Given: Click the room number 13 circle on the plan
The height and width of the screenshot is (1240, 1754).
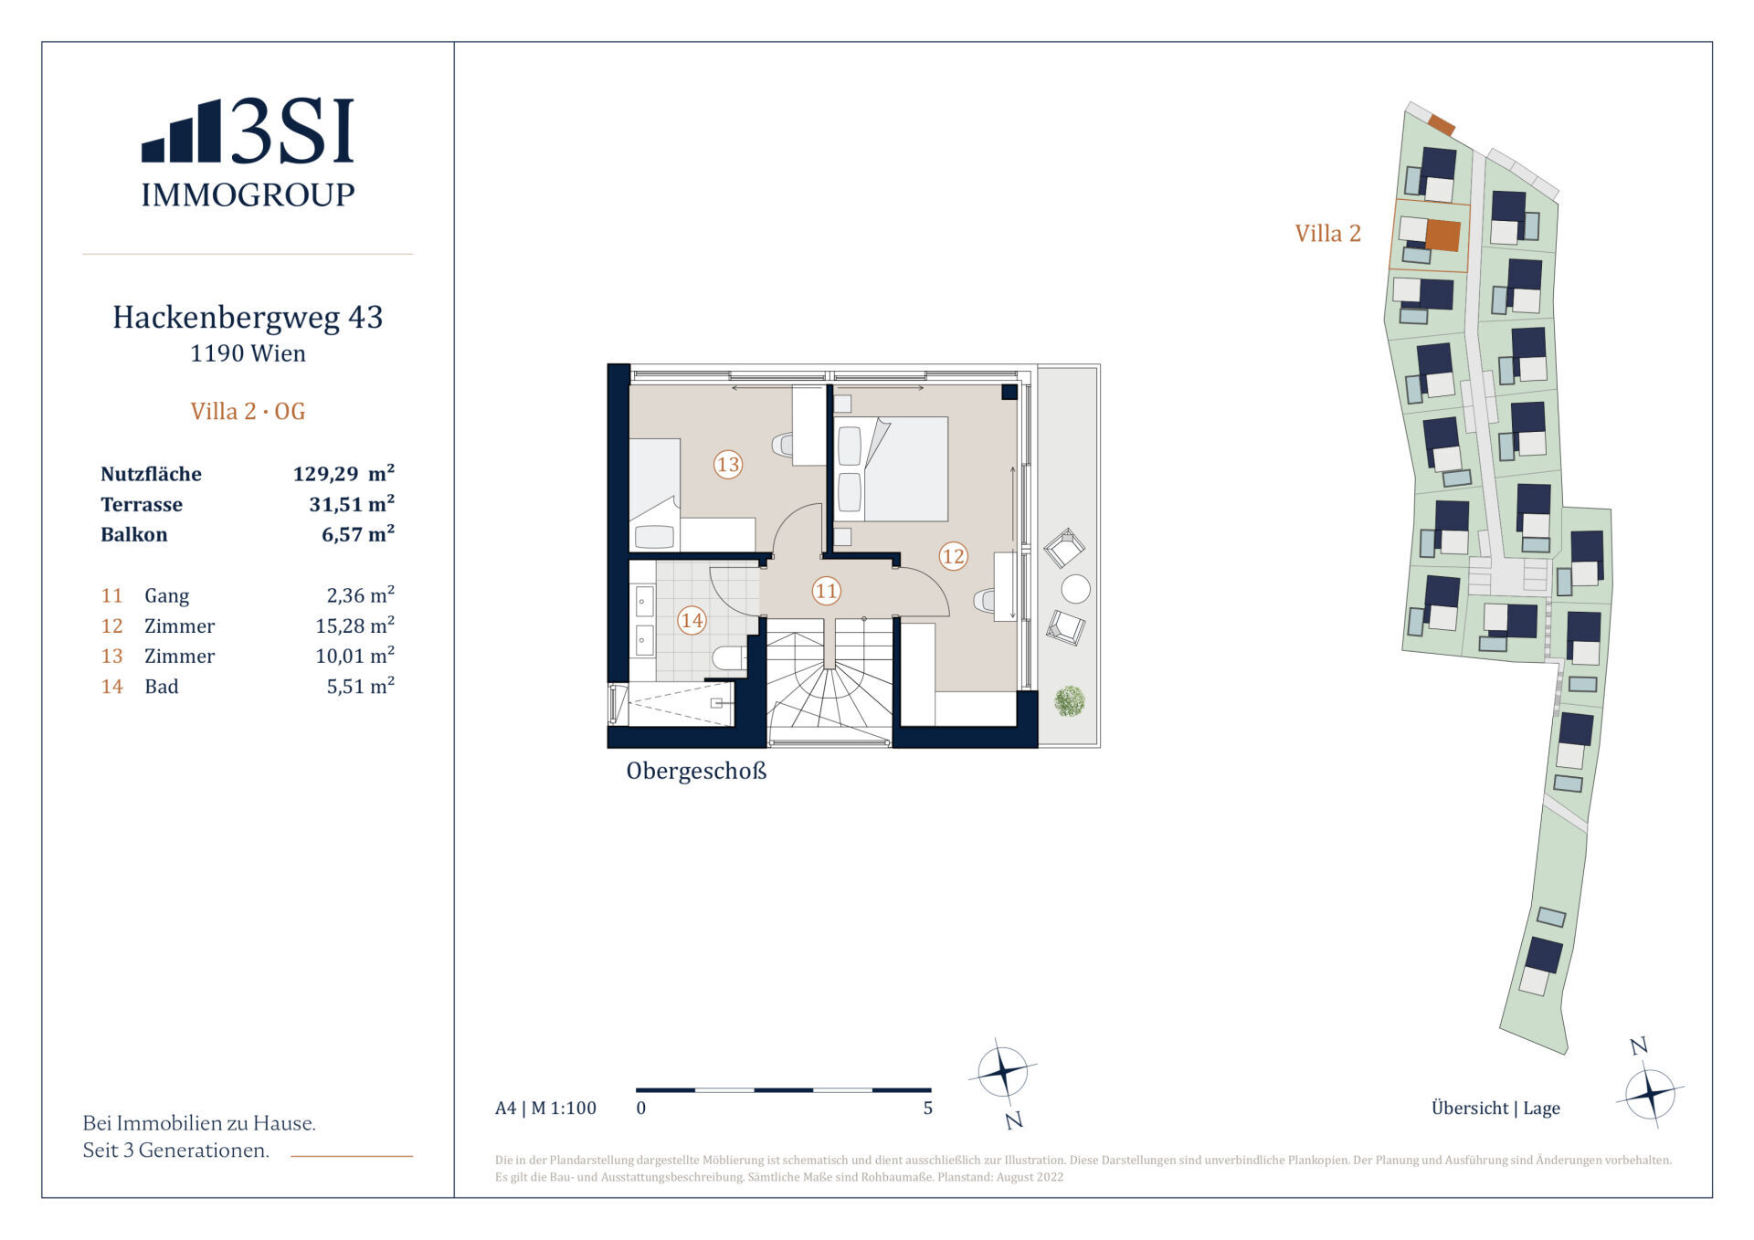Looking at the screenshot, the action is pos(727,464).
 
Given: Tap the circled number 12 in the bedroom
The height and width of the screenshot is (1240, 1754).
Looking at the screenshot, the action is pos(953,555).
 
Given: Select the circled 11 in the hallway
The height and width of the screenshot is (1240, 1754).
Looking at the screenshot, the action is pos(826,591).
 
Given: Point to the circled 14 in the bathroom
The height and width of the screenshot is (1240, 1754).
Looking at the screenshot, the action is pos(692,621).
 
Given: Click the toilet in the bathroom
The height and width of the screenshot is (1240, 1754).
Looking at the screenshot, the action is pos(728,657).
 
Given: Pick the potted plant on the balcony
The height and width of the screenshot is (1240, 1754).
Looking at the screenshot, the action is pos(1069,701).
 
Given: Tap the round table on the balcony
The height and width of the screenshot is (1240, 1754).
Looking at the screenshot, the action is pos(1075,589).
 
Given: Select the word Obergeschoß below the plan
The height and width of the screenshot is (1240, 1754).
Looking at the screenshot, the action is pos(696,771).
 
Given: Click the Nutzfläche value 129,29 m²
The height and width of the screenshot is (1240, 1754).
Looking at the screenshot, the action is pos(343,473).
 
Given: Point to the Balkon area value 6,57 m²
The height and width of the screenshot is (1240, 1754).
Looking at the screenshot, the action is pos(358,534).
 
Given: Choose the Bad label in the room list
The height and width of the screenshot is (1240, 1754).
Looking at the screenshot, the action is pos(162,687).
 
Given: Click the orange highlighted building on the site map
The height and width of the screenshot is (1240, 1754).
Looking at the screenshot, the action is pos(1442,236).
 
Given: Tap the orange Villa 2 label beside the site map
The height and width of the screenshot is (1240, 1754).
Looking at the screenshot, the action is pos(1327,234).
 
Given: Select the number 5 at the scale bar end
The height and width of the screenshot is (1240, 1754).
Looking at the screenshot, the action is pos(928,1109).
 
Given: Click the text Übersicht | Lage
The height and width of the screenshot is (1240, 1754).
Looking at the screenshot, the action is pos(1495,1109).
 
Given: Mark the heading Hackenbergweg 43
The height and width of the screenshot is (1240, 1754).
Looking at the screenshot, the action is pos(248,317).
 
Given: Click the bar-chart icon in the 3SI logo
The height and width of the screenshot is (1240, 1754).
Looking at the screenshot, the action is pos(181,131).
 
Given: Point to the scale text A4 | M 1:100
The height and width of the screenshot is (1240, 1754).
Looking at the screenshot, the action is pos(545,1109).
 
